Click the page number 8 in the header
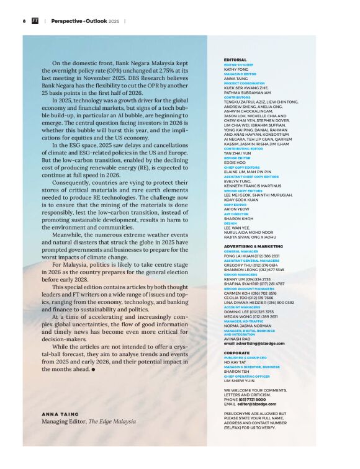pos(24,20)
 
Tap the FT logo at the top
pos(36,20)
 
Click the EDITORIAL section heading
pos(235,60)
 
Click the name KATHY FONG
pos(236,69)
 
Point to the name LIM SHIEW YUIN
pos(240,380)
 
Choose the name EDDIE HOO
pos(235,162)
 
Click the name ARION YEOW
pos(236,210)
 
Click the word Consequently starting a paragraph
pos(74,167)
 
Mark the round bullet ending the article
pos(93,369)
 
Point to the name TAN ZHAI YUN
pos(238,153)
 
